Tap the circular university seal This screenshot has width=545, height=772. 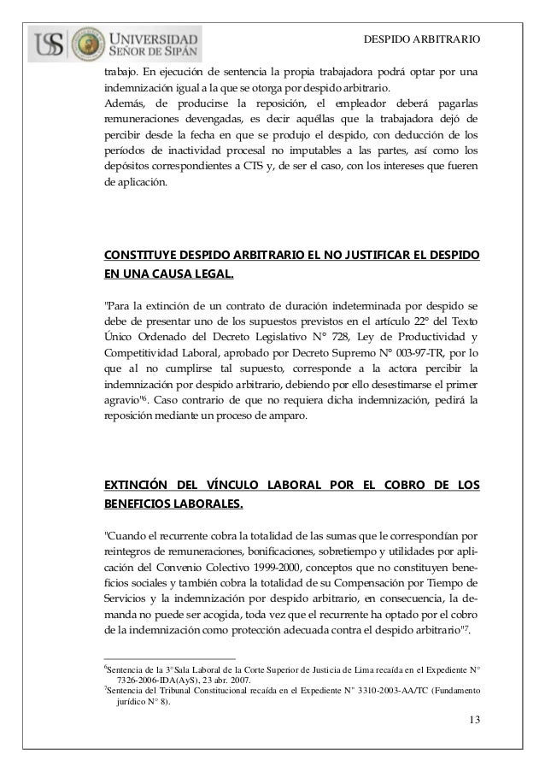tap(87, 44)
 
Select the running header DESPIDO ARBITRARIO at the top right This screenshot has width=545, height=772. tap(422, 40)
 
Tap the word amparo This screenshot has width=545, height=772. tap(284, 415)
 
